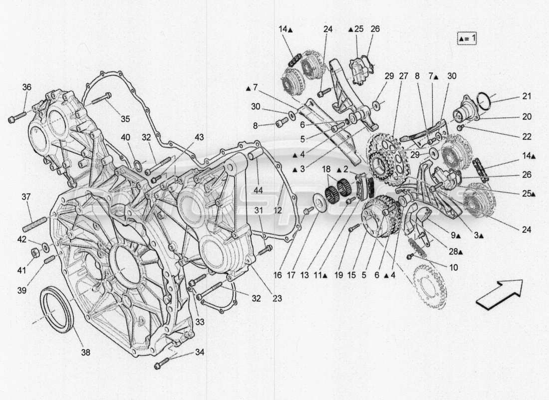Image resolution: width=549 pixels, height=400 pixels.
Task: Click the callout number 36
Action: tap(26, 87)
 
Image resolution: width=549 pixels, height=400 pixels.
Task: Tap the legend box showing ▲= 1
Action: tap(466, 38)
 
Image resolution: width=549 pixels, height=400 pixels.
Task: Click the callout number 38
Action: tap(86, 352)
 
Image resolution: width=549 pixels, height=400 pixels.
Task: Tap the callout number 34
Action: tap(200, 352)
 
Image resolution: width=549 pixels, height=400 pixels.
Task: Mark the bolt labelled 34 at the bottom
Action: tap(163, 363)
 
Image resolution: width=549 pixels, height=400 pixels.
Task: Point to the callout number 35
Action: tap(125, 118)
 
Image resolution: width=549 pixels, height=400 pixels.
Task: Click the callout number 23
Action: tap(277, 298)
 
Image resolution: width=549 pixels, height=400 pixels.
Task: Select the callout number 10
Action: tap(453, 267)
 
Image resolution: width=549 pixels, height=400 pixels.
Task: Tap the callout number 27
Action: tap(403, 76)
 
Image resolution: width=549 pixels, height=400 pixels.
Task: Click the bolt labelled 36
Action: tap(13, 119)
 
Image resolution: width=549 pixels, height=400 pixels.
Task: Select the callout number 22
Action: tap(527, 136)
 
